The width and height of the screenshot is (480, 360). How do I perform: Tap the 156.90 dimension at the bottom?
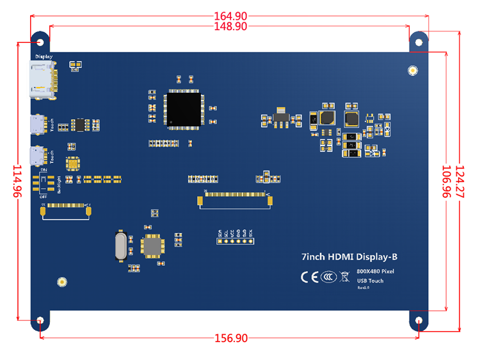tap(229, 338)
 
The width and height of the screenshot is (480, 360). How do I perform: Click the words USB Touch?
tap(371, 281)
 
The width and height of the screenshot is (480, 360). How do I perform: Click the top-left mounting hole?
tap(41, 42)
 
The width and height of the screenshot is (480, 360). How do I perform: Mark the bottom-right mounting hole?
tap(419, 320)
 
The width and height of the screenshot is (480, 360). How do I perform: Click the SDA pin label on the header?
tap(220, 234)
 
